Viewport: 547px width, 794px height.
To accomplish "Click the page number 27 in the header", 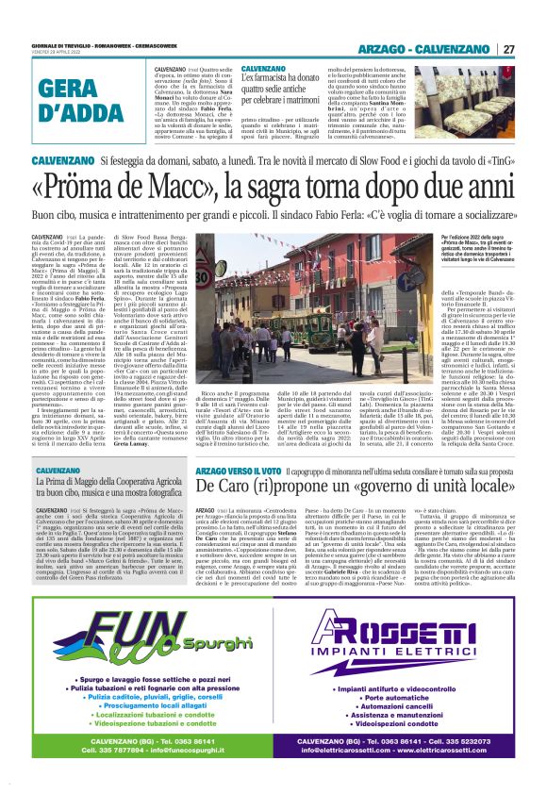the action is pyautogui.click(x=507, y=48).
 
